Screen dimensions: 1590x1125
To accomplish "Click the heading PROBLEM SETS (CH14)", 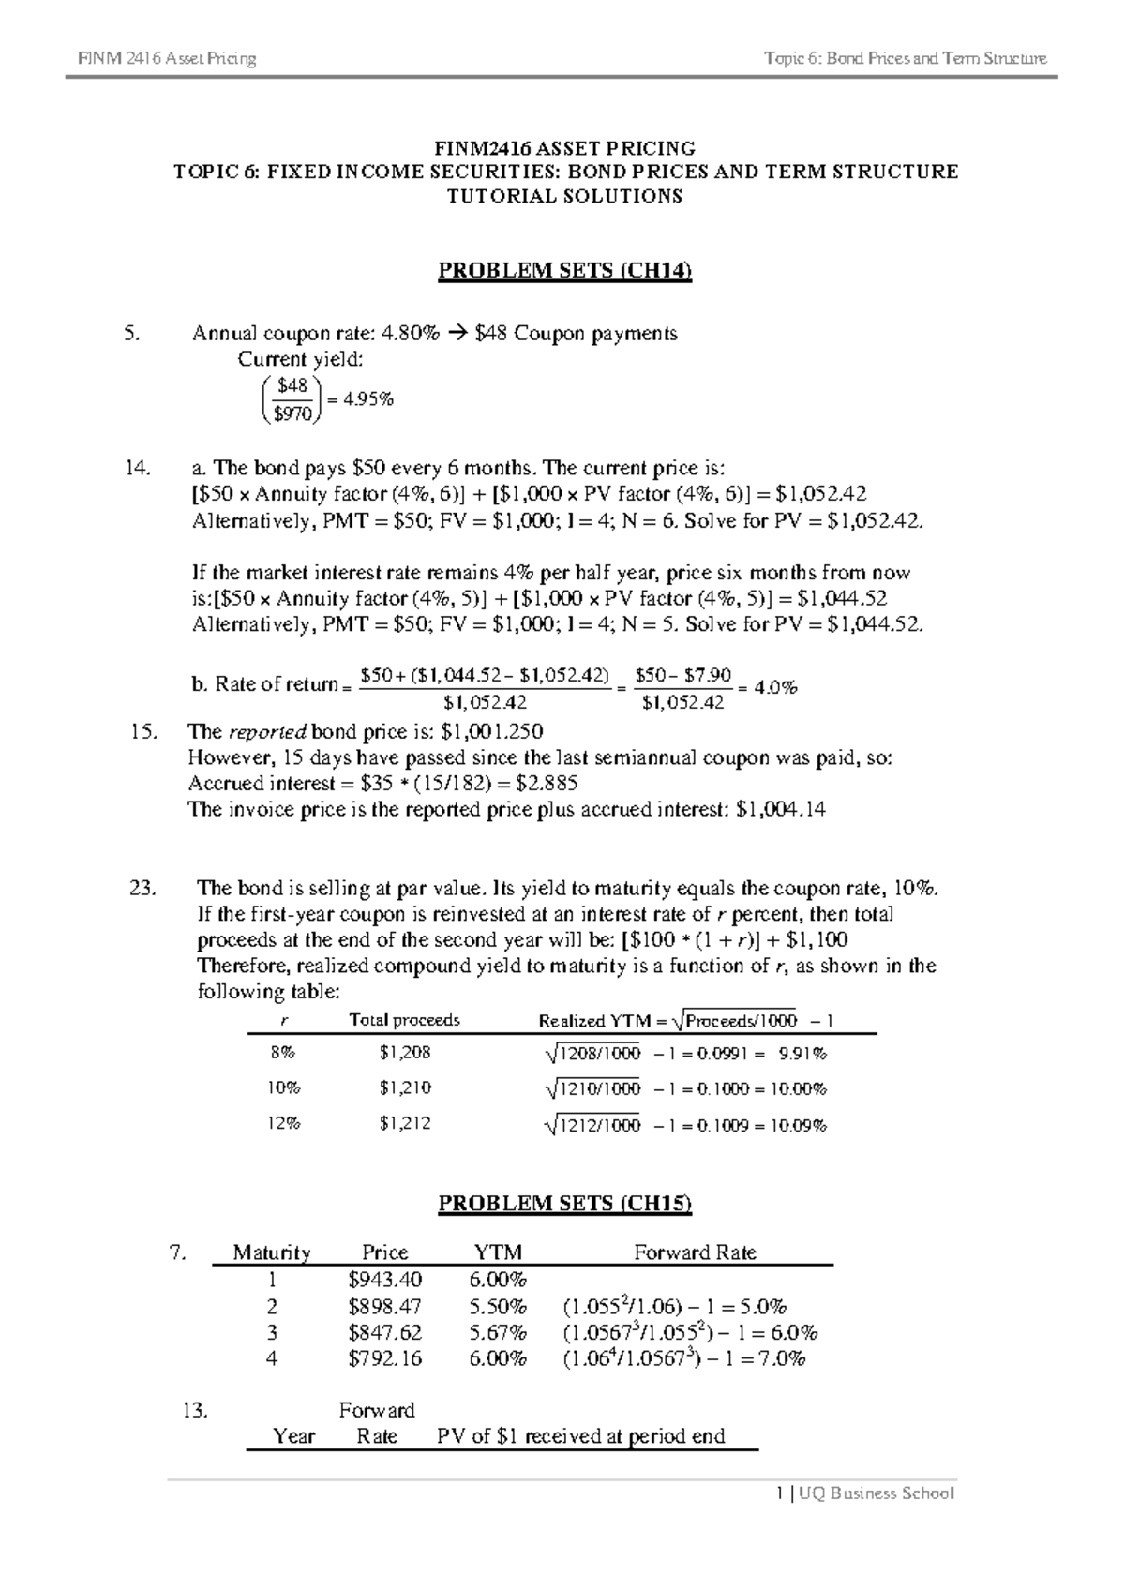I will [564, 272].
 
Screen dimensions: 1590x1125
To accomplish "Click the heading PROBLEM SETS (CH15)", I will [564, 1204].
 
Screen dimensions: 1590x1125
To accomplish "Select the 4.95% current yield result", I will [368, 399].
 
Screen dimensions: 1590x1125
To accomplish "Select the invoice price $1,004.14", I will [781, 809].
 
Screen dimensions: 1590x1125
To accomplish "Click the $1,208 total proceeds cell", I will [405, 1053].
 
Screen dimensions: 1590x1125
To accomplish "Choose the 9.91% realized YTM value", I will [802, 1054].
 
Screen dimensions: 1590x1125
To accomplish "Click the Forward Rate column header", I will [695, 1252].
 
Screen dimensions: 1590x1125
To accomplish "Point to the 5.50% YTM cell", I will [498, 1306].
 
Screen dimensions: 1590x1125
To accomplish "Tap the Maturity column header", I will [272, 1252].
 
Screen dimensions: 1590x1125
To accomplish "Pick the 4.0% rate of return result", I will [775, 687].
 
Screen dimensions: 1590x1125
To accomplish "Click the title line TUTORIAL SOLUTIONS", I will [564, 197].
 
